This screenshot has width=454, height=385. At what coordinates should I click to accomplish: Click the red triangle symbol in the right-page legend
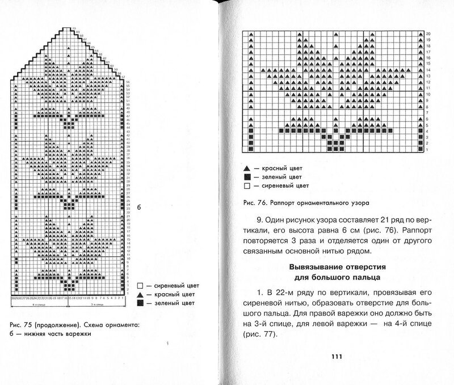point(246,170)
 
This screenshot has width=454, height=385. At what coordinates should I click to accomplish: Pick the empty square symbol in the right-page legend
point(246,185)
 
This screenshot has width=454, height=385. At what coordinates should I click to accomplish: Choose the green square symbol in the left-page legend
point(140,304)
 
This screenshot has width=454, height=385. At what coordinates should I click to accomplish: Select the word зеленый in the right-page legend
point(271,177)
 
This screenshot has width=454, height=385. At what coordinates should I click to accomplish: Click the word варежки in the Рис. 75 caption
point(76,334)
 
